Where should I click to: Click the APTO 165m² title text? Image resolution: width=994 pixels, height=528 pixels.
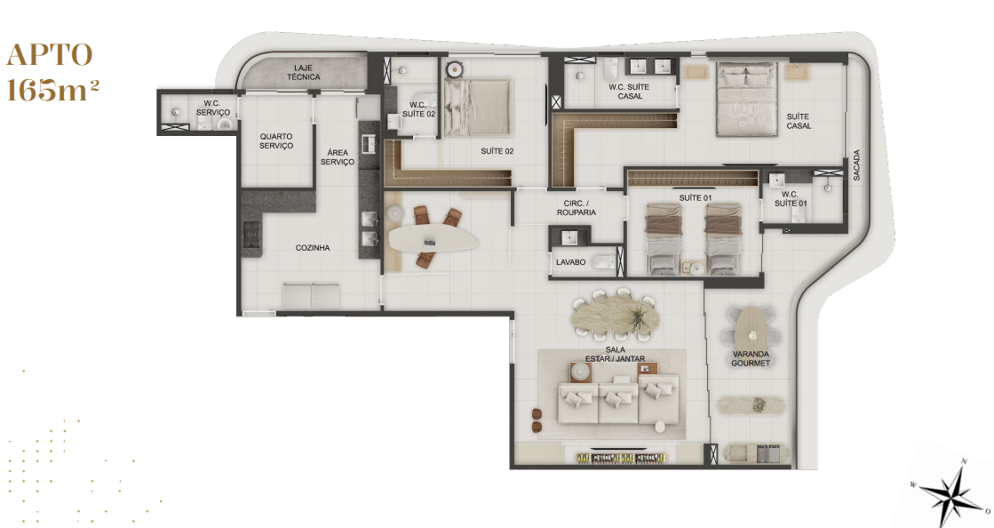(x=52, y=72)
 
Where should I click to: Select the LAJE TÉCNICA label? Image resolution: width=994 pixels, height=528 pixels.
(x=303, y=72)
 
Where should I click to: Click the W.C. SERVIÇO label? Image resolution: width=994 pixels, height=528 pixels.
(x=213, y=108)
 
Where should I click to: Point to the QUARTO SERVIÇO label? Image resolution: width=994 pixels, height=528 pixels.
(x=276, y=140)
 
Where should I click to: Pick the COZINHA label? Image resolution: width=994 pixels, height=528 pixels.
(x=313, y=248)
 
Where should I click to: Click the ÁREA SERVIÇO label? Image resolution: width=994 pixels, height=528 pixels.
(x=338, y=157)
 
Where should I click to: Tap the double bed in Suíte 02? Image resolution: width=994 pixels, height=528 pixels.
(x=477, y=108)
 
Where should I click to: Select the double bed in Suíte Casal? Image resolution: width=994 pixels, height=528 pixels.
(x=747, y=99)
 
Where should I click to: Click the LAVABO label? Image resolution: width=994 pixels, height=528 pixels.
(x=570, y=262)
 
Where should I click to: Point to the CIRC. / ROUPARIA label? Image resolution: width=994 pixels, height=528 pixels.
(x=577, y=208)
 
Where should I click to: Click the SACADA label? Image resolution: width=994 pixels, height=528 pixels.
(x=856, y=165)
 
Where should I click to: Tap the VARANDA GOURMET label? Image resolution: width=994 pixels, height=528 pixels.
(x=751, y=358)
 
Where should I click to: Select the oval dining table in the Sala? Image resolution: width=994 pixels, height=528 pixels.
(x=616, y=316)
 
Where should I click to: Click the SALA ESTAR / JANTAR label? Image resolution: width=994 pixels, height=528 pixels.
(x=615, y=354)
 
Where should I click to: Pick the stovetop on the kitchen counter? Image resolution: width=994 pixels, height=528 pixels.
(x=251, y=234)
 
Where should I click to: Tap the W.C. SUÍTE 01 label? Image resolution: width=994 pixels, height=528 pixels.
(x=791, y=198)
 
